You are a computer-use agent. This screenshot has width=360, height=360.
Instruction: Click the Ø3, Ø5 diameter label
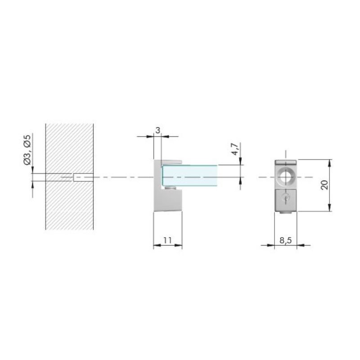point(27,150)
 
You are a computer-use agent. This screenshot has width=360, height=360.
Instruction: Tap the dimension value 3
point(157,130)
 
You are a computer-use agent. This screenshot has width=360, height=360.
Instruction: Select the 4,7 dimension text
point(235,149)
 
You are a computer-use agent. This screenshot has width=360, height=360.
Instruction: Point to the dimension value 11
point(167,240)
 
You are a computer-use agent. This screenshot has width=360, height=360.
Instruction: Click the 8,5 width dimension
point(286,240)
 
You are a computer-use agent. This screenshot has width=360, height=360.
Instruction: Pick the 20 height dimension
point(324,185)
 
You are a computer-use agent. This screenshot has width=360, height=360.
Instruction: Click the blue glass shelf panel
point(190,175)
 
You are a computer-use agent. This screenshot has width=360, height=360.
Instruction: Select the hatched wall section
point(69,177)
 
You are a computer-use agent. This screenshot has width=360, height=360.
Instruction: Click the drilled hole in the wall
point(83,177)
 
